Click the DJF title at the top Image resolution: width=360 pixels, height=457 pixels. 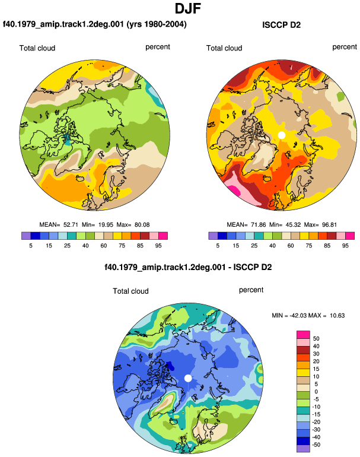pos(187,8)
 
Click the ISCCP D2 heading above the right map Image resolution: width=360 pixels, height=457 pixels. pos(281,25)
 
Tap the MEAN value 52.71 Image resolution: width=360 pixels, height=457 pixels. pos(71,225)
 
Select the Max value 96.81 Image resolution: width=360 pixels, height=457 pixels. pos(329,225)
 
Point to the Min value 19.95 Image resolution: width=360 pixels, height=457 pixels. pos(106,225)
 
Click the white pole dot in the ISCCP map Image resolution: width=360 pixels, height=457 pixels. pos(281,135)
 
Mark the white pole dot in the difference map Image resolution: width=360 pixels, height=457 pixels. pos(188,378)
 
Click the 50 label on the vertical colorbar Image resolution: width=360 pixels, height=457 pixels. pos(316,339)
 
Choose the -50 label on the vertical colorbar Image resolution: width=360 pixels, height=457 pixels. pos(316,445)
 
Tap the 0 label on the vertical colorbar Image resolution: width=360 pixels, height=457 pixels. pos(316,392)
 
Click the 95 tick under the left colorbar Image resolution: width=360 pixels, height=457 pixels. pos(158,246)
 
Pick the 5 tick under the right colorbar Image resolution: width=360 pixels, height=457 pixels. pos(218,246)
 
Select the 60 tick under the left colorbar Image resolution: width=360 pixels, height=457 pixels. pos(103,246)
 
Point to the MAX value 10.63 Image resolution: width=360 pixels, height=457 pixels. pos(337,315)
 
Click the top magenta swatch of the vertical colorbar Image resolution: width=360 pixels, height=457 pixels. pos(303,335)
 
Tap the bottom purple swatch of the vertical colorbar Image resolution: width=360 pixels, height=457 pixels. pos(303,449)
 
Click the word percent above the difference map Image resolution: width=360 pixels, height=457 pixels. pos(251,290)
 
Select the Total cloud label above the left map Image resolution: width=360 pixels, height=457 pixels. pos(37,48)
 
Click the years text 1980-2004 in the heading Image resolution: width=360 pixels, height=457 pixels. pos(166,24)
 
